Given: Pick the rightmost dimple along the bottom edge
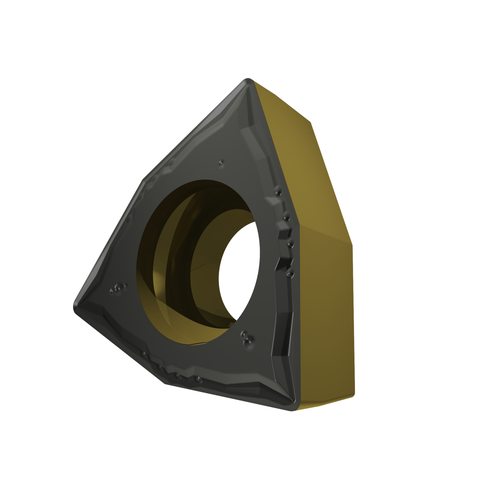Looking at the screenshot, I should click(x=199, y=379).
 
